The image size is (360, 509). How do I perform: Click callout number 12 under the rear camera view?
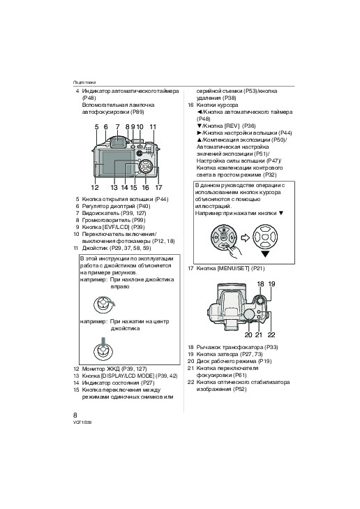pyautogui.click(x=95, y=187)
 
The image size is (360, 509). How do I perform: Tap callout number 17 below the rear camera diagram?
pyautogui.click(x=158, y=187)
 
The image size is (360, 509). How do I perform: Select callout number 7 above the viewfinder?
pyautogui.click(x=117, y=127)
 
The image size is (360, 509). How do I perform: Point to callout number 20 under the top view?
pyautogui.click(x=248, y=334)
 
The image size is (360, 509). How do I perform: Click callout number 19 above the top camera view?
pyautogui.click(x=272, y=284)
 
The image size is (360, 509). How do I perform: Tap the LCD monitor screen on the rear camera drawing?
pyautogui.click(x=115, y=165)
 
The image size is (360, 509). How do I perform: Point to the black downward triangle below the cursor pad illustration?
pyautogui.click(x=266, y=254)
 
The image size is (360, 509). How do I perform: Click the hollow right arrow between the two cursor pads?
pyautogui.click(x=246, y=238)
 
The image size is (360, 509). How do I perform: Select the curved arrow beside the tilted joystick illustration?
pyautogui.click(x=111, y=303)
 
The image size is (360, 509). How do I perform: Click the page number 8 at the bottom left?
pyautogui.click(x=75, y=415)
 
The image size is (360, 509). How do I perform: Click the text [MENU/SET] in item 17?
pyautogui.click(x=233, y=268)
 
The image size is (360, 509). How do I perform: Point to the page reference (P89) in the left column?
pyautogui.click(x=137, y=112)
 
